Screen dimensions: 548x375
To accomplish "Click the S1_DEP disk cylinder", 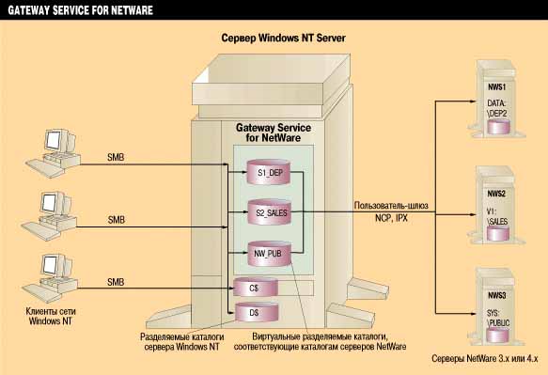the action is tap(269, 172).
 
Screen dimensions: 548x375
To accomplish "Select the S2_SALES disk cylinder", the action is tap(270, 212).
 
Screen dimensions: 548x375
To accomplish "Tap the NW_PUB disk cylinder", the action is tap(269, 254).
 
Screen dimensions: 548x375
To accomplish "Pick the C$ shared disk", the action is tap(256, 288).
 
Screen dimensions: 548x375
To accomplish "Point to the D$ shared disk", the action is tap(257, 312).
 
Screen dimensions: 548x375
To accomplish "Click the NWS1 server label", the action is tap(496, 86).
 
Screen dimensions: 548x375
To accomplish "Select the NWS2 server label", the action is tap(496, 194).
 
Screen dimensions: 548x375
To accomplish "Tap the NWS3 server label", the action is tap(497, 295).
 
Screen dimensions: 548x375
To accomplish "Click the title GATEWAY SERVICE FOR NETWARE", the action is tap(81, 9).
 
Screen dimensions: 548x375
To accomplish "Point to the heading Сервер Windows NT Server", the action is tap(284, 38).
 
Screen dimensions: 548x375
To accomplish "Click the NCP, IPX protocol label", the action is tap(391, 218).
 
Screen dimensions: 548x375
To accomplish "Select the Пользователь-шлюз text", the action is tap(391, 206).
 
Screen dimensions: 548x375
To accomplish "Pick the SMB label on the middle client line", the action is tap(116, 220).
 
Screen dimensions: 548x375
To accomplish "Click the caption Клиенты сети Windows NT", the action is tap(51, 316).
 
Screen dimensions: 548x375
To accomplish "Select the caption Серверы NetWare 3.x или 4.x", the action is tap(485, 359).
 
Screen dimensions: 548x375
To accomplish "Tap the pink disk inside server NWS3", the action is tap(497, 335).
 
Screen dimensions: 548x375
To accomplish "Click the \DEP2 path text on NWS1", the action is tap(497, 113).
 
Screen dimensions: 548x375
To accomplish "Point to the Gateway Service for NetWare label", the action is tap(274, 133).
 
